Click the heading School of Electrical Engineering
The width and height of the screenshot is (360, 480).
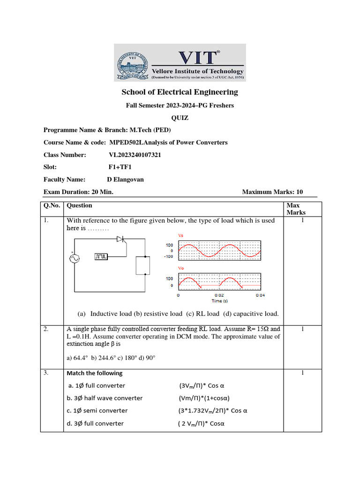180,92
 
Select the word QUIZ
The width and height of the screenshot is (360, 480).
180,118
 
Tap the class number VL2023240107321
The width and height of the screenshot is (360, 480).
135,155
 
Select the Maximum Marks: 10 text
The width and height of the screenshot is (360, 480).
272,192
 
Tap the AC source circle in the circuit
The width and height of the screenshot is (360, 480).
74,259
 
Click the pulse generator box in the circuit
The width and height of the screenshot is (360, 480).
101,256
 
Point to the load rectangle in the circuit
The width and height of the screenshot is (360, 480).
142,265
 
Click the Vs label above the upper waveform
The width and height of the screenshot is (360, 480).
181,235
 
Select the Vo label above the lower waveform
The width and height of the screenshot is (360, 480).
181,268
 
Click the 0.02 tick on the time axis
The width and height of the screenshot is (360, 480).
219,296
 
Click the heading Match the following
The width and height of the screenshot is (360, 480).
94,373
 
